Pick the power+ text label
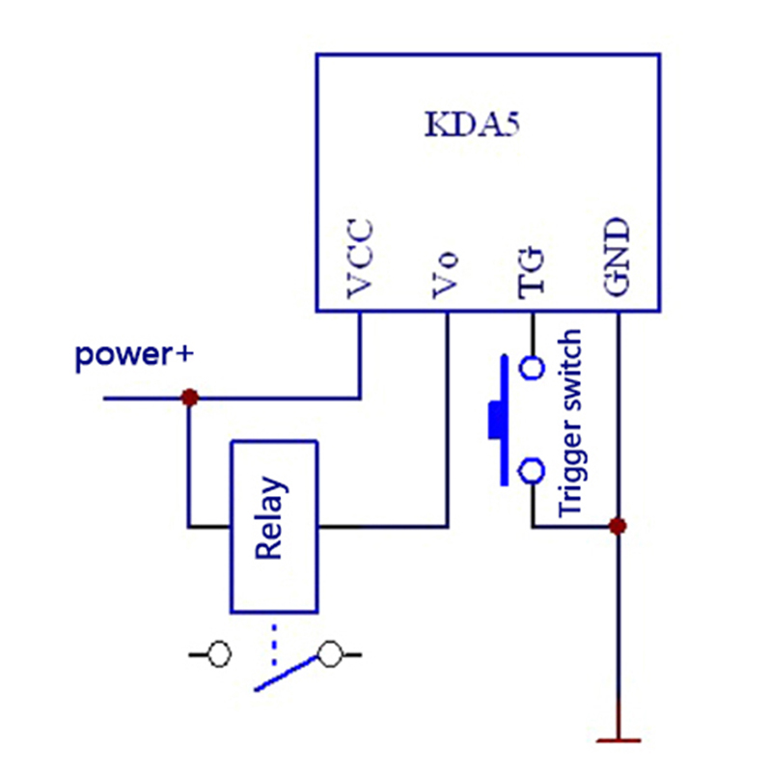[134, 356]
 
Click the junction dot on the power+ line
[190, 398]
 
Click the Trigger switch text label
[571, 423]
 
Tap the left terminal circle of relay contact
[219, 655]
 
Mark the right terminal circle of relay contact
[331, 655]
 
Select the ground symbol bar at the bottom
[619, 740]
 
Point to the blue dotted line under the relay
[273, 644]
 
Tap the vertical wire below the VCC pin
[360, 352]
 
